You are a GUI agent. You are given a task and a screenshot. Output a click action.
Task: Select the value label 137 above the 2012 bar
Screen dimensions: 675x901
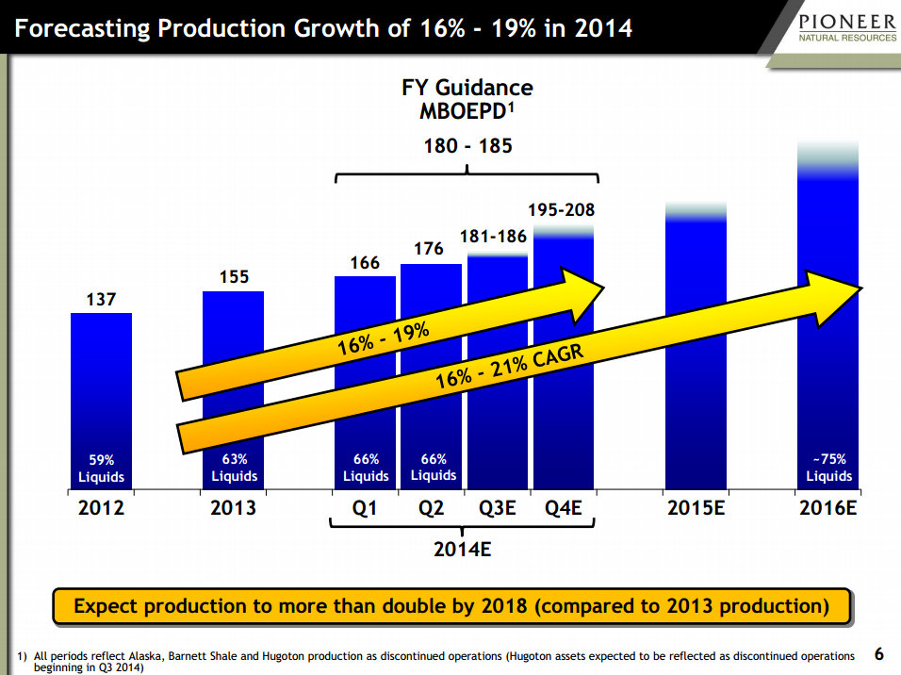(x=101, y=300)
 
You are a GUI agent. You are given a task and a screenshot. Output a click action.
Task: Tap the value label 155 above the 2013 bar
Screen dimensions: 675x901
(x=233, y=278)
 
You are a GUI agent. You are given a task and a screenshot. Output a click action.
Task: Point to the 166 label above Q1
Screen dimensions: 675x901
(x=365, y=263)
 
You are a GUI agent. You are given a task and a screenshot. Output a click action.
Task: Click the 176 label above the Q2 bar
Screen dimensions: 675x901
(x=431, y=250)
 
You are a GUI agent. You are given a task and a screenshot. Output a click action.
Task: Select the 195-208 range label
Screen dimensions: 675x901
(x=563, y=211)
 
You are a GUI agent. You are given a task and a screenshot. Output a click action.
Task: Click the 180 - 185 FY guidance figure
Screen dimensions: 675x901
(x=467, y=147)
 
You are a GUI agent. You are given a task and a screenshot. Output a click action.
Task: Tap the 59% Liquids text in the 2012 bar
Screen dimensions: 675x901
(x=101, y=469)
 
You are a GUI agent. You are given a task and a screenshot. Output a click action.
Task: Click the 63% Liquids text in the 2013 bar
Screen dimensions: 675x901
(x=234, y=469)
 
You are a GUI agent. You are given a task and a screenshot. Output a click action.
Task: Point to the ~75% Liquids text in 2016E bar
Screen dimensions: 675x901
(x=829, y=469)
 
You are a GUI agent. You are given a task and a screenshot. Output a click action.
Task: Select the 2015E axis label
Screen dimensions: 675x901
(x=696, y=508)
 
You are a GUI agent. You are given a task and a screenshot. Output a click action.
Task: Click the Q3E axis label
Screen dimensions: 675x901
(x=497, y=508)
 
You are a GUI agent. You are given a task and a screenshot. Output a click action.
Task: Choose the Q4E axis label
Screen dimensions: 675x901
(x=564, y=508)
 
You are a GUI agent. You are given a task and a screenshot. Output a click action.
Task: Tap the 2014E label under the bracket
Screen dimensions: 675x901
(x=462, y=549)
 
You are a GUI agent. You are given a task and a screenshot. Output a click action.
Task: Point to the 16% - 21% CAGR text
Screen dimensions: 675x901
(x=509, y=369)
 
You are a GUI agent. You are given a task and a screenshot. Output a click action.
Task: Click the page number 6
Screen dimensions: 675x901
(x=879, y=653)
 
